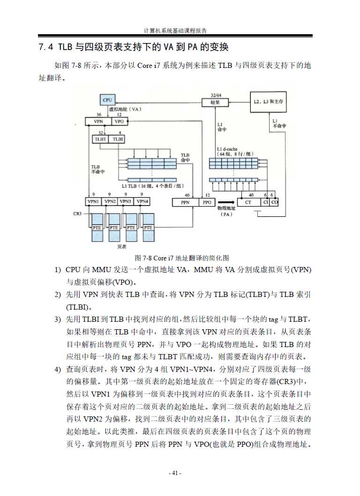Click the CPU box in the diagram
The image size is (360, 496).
(107, 100)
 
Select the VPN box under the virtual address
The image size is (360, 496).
(98, 121)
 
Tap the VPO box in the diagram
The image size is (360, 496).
(119, 121)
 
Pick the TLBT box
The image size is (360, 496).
(101, 139)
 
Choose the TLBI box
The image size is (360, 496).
(119, 139)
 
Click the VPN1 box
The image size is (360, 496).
(93, 201)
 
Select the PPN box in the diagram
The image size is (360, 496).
(186, 203)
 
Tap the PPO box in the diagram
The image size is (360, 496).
(207, 203)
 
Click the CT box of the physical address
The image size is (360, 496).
(248, 202)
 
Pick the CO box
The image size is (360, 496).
(274, 202)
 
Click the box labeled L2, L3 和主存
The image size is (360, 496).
(270, 102)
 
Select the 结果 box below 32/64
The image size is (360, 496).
(215, 102)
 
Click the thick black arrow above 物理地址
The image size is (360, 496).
(226, 202)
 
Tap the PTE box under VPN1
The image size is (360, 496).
(97, 228)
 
